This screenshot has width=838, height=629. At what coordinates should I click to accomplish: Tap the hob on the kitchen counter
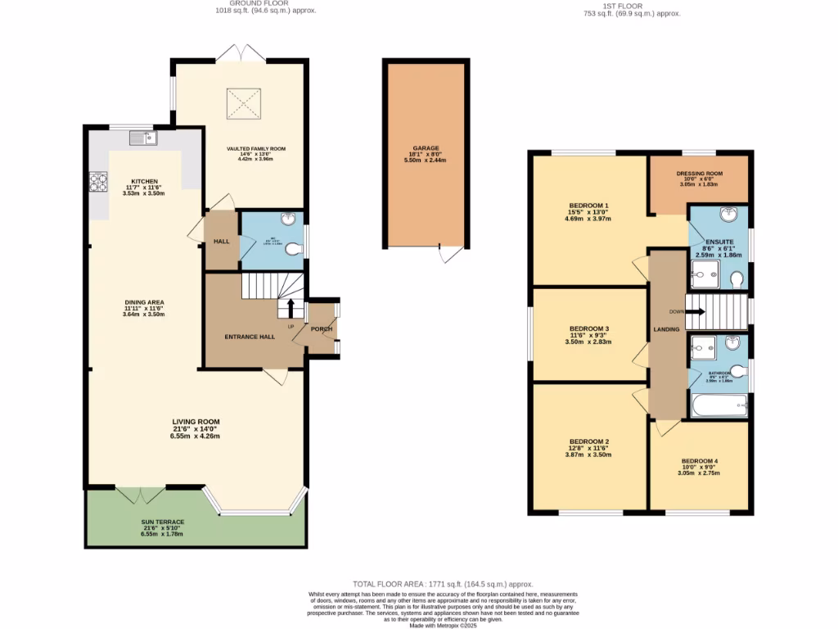98,182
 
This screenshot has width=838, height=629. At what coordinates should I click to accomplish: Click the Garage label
426,148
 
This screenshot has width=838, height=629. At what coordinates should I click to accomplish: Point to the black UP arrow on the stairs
289,308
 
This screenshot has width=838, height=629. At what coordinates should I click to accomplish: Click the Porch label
322,331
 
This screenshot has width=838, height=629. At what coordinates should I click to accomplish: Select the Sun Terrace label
162,522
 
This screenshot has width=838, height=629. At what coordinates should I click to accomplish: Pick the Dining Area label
144,302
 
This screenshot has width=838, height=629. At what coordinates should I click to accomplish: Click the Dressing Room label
699,174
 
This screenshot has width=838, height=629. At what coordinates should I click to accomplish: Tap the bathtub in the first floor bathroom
719,405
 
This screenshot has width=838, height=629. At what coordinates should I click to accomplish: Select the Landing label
666,329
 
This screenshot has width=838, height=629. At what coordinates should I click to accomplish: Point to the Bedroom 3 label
588,328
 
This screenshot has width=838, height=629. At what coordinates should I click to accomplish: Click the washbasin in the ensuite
730,215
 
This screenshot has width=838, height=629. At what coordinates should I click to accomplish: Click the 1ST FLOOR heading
631,4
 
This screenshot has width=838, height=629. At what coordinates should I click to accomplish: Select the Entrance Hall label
249,337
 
